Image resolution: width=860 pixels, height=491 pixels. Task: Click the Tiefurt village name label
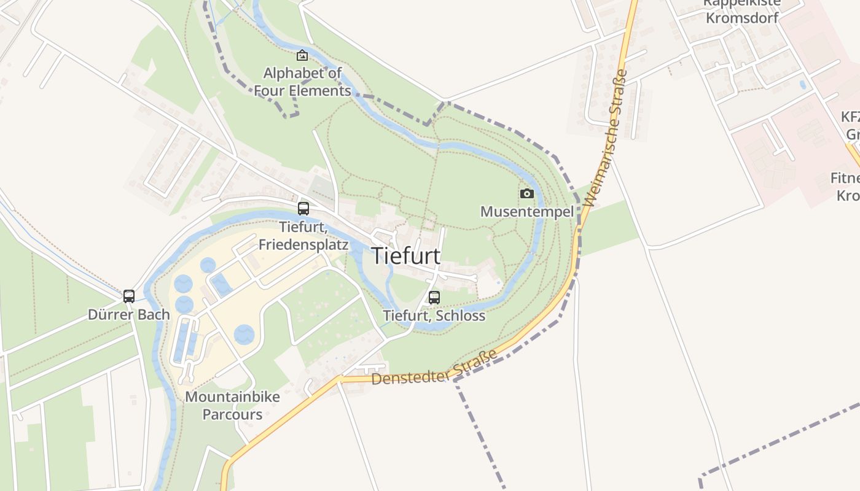point(405,256)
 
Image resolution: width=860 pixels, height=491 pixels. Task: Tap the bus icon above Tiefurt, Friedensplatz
point(303,209)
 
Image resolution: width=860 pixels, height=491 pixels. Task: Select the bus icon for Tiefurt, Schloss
point(434,298)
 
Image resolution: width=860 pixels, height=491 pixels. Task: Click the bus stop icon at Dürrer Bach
point(129,296)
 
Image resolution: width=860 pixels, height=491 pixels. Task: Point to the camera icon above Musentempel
point(527,194)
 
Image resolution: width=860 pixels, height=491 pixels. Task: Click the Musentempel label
point(526,212)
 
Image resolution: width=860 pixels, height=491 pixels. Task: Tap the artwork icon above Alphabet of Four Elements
point(302,56)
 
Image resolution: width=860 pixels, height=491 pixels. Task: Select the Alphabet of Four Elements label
point(302,82)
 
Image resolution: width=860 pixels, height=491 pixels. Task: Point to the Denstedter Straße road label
point(434,369)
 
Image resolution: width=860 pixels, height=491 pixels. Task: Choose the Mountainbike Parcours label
point(232,405)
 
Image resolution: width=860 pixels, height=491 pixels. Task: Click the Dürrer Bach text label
point(129,315)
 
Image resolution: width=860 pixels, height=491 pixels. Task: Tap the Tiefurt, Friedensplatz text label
point(303,236)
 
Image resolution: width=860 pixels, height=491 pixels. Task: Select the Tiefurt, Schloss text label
point(434,316)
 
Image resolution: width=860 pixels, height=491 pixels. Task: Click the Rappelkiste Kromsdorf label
point(742,10)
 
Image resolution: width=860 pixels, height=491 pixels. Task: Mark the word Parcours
point(232,414)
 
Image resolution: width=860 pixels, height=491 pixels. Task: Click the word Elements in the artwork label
point(320,91)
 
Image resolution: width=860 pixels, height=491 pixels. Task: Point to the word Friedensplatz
point(303,245)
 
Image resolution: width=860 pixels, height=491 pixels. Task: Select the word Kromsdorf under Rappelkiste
point(742,18)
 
